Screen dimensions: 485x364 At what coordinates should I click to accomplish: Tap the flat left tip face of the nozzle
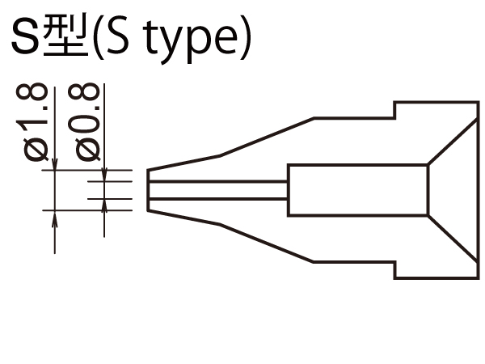click(x=147, y=190)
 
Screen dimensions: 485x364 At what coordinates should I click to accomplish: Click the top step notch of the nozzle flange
click(x=394, y=110)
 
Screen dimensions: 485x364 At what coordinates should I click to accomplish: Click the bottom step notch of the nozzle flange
click(x=394, y=270)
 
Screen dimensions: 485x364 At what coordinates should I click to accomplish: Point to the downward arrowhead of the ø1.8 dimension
click(x=54, y=165)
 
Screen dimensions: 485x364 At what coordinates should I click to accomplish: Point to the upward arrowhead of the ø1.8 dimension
click(x=54, y=217)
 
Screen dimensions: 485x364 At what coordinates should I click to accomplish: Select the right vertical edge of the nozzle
click(x=478, y=190)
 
